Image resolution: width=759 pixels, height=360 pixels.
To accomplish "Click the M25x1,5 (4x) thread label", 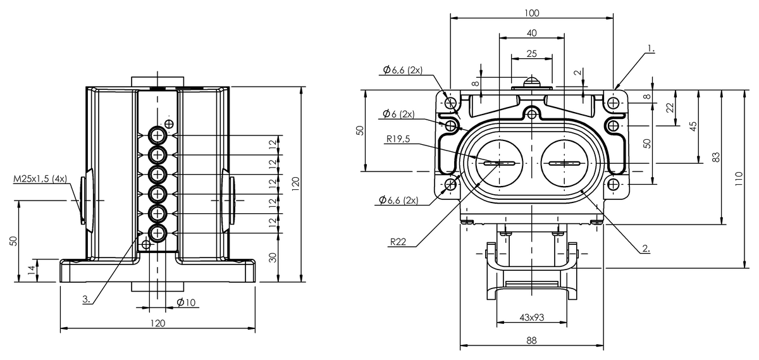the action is (x=40, y=178).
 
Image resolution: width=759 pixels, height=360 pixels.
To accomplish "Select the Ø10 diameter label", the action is (x=186, y=302).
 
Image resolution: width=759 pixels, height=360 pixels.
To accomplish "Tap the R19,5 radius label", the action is (x=398, y=139).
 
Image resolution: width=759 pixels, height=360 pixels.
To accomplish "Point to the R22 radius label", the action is (x=398, y=242).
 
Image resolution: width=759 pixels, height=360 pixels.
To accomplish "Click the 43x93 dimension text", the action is (x=532, y=317).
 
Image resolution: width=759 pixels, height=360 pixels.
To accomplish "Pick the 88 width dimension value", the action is (x=532, y=340).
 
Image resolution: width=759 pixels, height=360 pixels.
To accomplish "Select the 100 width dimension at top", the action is (x=532, y=13).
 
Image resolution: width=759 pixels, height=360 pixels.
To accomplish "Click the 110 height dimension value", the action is (x=739, y=178).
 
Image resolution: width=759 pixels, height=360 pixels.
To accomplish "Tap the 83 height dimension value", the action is (x=715, y=157).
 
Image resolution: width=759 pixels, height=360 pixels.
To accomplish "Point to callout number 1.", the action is (x=651, y=49).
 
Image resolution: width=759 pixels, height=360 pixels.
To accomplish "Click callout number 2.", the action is (x=646, y=249).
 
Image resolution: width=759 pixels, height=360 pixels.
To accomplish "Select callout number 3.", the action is (x=87, y=299).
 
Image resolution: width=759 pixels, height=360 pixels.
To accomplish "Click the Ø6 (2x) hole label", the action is (x=398, y=114).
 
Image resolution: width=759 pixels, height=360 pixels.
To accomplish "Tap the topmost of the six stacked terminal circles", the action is (x=157, y=135).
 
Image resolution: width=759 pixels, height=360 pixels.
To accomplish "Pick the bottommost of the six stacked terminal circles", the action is (x=157, y=233).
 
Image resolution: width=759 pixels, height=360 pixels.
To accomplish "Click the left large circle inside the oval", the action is (x=500, y=163).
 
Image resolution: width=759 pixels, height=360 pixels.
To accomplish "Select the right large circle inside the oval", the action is (x=564, y=163).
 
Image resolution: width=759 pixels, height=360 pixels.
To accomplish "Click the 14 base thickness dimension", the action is (x=32, y=270).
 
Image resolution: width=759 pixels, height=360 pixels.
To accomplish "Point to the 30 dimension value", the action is (x=273, y=258).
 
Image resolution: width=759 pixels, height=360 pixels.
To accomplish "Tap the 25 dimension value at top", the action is (x=532, y=54).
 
